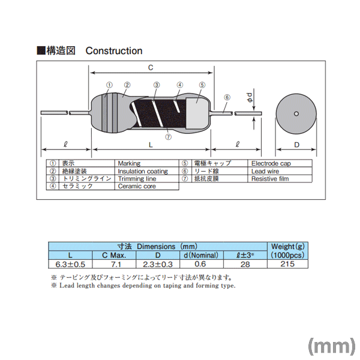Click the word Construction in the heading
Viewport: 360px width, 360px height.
[x=114, y=51]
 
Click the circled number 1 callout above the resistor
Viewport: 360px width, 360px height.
[x=110, y=85]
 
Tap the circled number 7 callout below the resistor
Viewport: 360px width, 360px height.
[x=168, y=137]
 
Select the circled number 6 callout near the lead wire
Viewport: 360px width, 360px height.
[x=227, y=97]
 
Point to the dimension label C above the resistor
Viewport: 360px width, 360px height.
[x=151, y=67]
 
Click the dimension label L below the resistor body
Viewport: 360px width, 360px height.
[x=151, y=145]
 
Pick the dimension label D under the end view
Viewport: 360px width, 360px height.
[x=296, y=145]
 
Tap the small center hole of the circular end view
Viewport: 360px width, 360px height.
[x=296, y=113]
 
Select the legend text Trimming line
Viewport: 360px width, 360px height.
[x=137, y=179]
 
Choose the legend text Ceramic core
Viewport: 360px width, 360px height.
[x=137, y=186]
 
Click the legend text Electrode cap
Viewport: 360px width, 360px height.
[x=271, y=163]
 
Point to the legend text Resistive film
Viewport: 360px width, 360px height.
[x=270, y=179]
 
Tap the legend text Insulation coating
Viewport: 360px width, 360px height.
[x=143, y=171]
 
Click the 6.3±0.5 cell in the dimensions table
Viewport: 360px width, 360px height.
[x=70, y=264]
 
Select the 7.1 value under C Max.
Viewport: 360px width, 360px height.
[x=116, y=264]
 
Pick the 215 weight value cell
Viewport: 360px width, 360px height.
[x=287, y=264]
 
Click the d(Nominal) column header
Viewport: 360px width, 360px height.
[x=201, y=255]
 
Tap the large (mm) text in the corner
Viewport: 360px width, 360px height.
[x=332, y=346]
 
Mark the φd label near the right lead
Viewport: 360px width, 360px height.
[x=250, y=97]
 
